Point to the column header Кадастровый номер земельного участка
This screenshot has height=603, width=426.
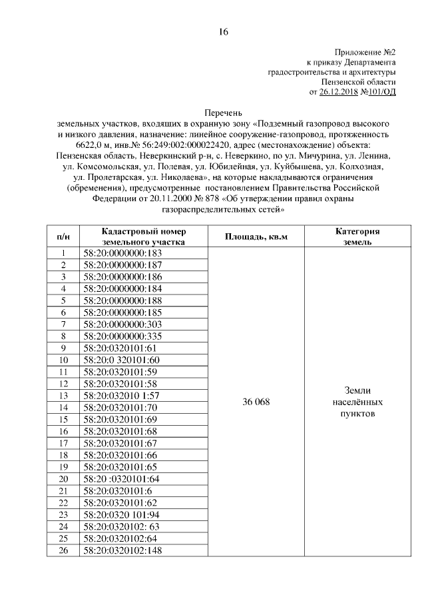(x=143, y=237)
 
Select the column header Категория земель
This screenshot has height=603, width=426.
(x=357, y=237)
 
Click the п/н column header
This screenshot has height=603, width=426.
(x=63, y=237)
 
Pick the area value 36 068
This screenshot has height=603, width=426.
(x=256, y=401)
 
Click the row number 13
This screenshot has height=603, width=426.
(x=63, y=395)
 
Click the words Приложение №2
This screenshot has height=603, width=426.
(x=365, y=52)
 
